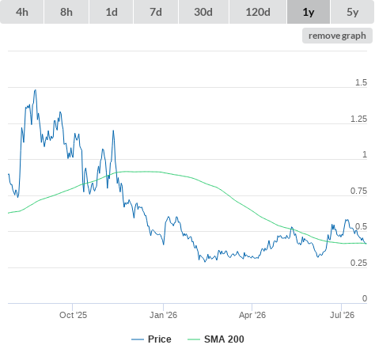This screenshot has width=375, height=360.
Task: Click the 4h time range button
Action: coord(22,12)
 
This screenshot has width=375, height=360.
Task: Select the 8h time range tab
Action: coord(66,12)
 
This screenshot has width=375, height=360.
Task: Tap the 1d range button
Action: coord(112,12)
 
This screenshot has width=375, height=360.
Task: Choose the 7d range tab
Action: coord(156,12)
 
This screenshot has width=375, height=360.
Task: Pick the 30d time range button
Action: coord(203,12)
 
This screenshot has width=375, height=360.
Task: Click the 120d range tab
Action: coord(258,12)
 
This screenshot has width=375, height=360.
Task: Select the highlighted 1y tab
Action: coord(309,12)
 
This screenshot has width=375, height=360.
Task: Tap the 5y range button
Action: coord(353,12)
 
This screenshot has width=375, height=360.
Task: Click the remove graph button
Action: coord(337,36)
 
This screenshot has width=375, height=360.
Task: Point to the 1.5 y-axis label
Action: coord(361,82)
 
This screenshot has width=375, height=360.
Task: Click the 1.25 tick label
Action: coord(358,119)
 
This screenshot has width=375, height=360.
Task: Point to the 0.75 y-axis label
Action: coord(358,191)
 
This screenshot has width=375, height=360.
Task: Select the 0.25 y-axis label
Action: coord(358,263)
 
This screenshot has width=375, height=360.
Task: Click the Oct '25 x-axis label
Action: coord(73,315)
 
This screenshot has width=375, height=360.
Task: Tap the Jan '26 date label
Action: coord(163,315)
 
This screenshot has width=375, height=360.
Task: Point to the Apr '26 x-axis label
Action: coord(252,315)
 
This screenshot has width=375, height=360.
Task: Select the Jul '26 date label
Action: coord(342,315)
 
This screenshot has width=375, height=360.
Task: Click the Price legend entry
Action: coord(151,339)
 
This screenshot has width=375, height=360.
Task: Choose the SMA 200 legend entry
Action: coord(216,339)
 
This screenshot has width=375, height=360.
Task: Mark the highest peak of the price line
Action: coord(36,90)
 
